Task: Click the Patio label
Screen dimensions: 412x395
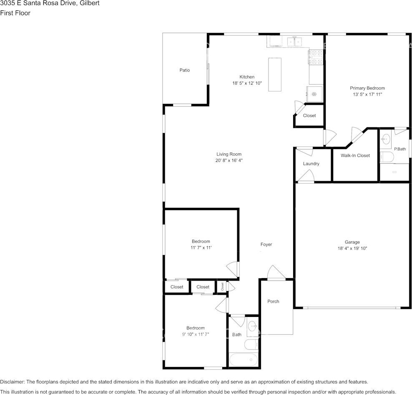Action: point(184,70)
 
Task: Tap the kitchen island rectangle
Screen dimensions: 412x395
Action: point(274,74)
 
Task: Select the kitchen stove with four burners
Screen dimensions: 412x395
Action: point(316,57)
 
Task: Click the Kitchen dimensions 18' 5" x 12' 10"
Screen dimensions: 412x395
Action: point(247,83)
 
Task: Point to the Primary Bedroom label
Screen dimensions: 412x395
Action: point(367,88)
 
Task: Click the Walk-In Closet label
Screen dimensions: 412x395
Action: point(355,155)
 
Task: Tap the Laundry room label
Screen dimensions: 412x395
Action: point(311,164)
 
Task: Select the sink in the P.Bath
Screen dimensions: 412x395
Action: point(386,139)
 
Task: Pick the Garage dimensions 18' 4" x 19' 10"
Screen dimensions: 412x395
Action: point(352,248)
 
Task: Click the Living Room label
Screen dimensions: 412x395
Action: point(229,154)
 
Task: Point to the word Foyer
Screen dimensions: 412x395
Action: point(266,244)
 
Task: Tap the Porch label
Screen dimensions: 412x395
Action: point(273,301)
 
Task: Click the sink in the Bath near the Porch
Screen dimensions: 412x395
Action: point(253,327)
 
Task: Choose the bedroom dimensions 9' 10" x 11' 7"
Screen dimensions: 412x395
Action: point(196,334)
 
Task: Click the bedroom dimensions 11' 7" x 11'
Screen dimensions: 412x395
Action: point(201,248)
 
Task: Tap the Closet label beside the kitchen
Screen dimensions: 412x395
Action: point(309,116)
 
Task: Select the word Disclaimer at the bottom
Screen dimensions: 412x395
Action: point(13,382)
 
